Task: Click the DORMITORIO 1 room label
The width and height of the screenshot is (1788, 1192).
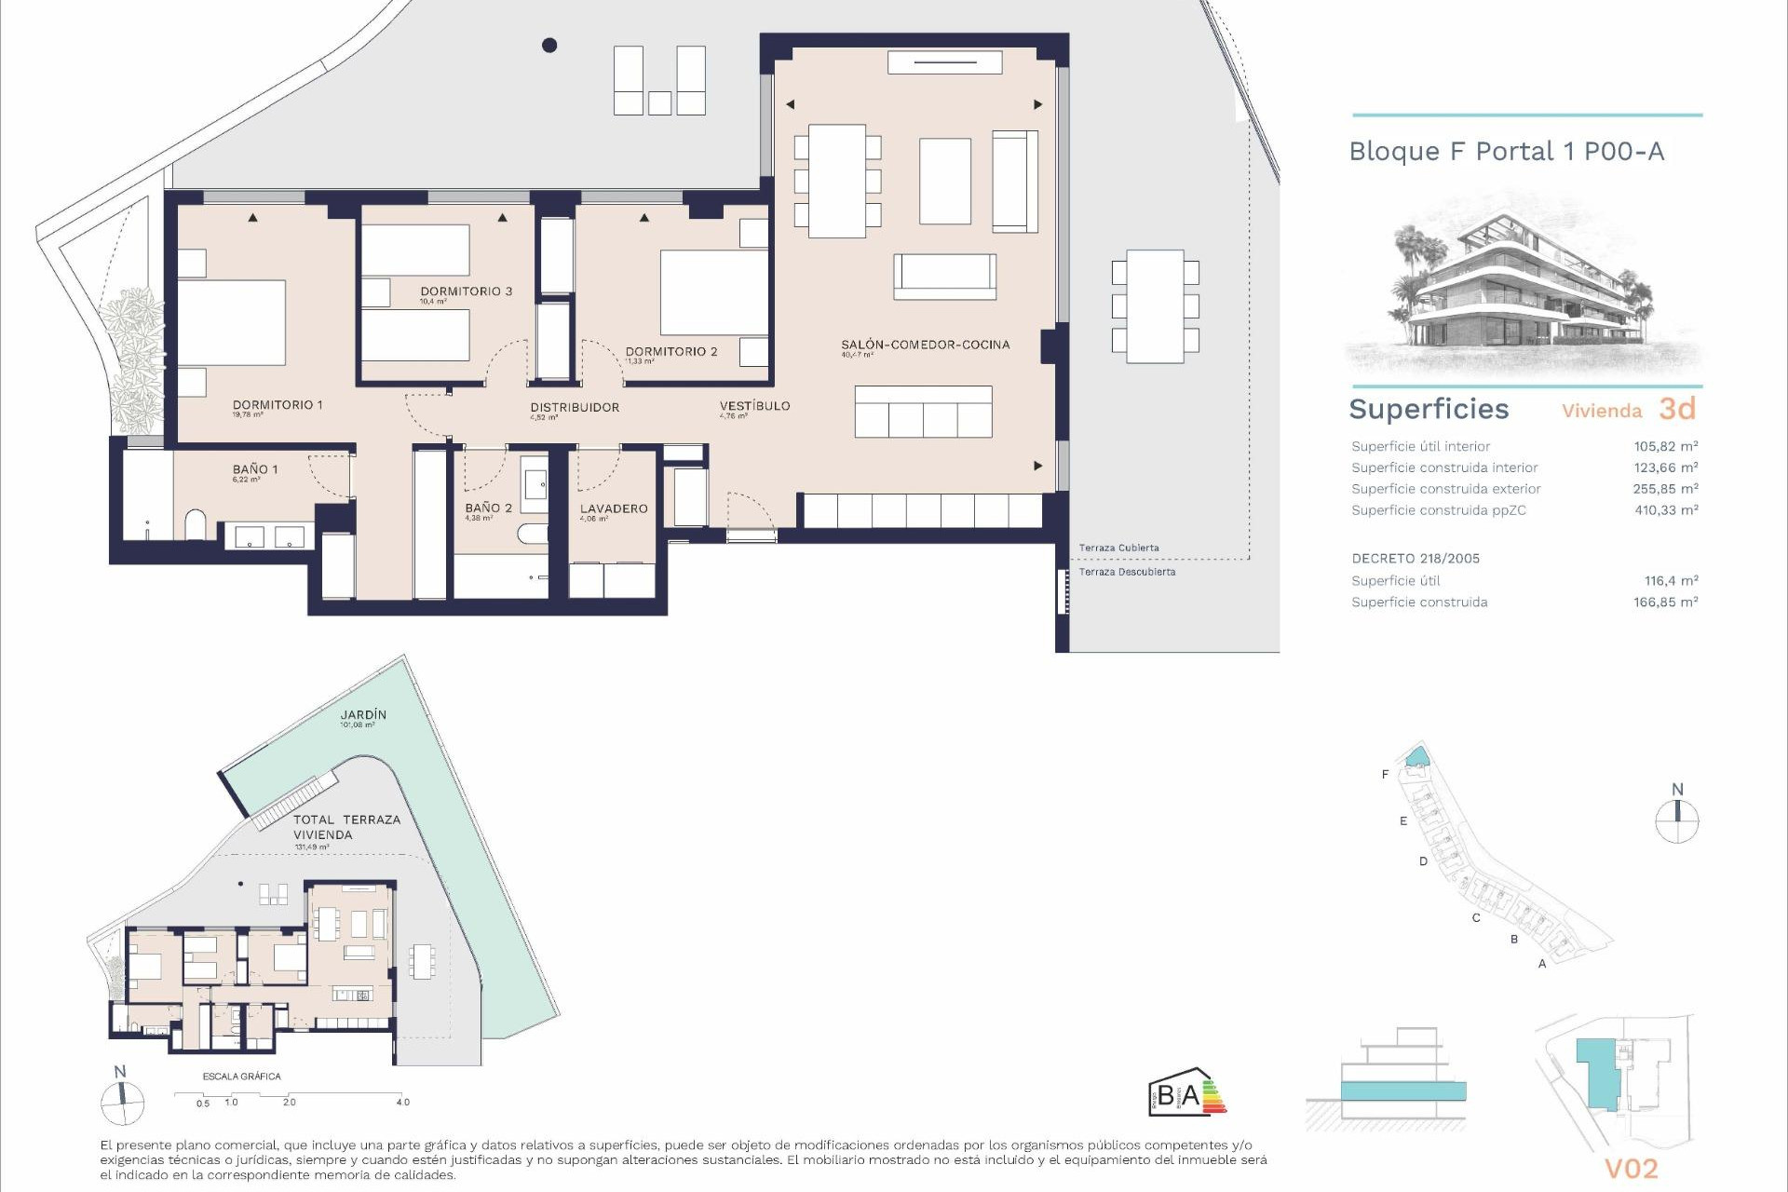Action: point(278,405)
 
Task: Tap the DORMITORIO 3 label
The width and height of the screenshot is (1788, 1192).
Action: point(466,291)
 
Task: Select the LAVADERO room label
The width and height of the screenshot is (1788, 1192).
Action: point(613,508)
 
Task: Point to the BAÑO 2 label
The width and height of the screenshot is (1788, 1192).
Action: point(488,508)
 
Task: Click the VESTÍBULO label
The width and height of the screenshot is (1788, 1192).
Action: point(754,406)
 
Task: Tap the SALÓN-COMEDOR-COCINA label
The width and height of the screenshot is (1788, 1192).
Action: point(925,345)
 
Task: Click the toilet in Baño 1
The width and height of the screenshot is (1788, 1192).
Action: point(196,525)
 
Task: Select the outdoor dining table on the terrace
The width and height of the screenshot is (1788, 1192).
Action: point(1155,305)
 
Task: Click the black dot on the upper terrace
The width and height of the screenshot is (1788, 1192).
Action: point(549,45)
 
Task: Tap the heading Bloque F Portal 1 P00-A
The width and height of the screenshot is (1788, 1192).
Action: point(1506,152)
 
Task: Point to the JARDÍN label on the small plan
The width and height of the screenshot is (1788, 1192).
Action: point(363,715)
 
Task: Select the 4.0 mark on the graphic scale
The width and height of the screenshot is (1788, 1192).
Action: point(402,1102)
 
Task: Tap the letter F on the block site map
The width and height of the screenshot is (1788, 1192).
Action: point(1385,775)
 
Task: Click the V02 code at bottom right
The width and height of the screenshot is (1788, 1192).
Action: point(1631,1169)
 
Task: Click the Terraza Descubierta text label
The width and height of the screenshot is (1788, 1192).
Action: point(1127,572)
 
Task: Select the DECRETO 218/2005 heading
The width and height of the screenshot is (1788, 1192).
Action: point(1415,559)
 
